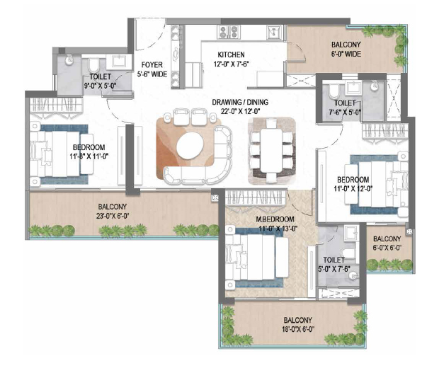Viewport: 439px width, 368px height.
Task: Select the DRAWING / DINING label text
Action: coord(236,105)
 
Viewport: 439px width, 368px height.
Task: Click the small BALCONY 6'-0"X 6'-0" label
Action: coord(387,243)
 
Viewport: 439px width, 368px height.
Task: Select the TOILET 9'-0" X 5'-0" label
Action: coord(100,81)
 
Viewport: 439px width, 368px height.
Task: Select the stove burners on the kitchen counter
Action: coord(229,31)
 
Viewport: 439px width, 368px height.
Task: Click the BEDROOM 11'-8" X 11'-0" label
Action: coord(89,151)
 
